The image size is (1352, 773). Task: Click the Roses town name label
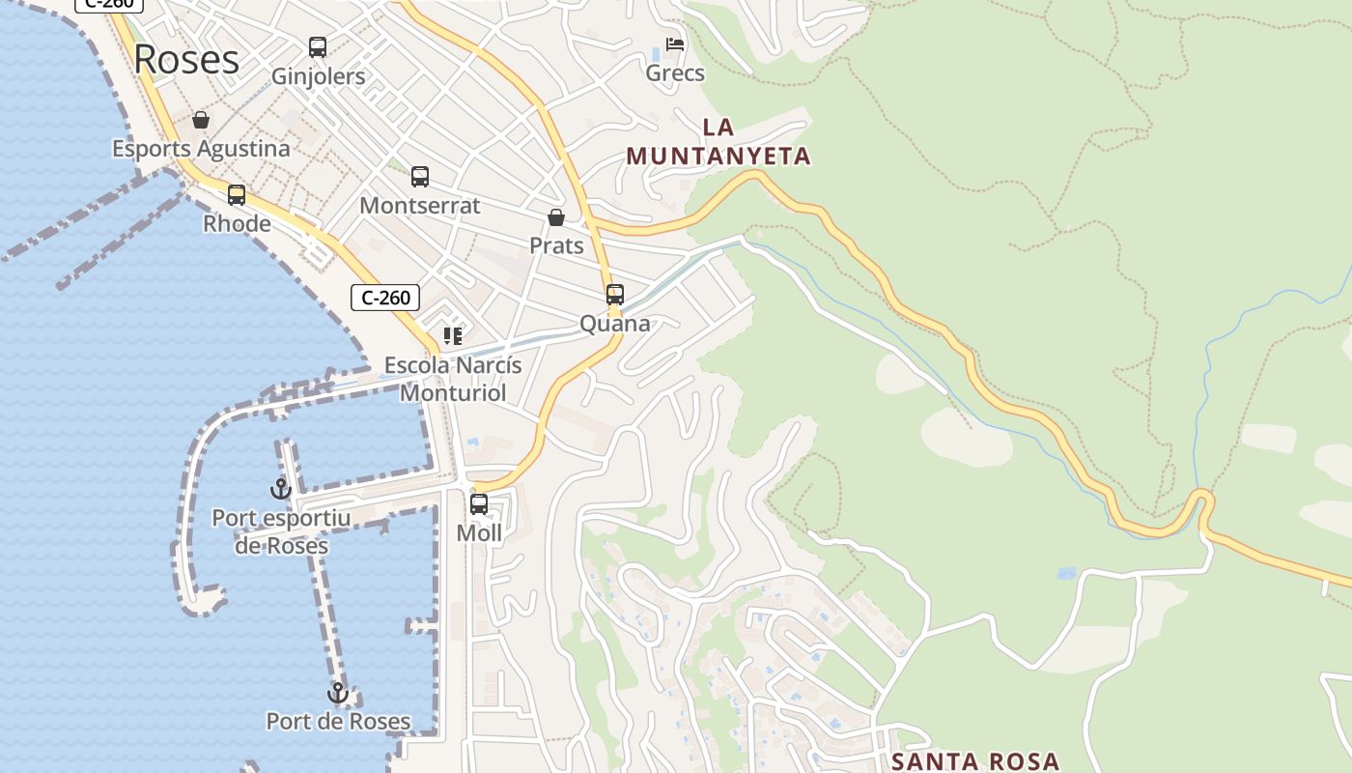[186, 59]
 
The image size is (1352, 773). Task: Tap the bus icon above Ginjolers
[318, 46]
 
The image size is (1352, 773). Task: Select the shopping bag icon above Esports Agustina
[201, 120]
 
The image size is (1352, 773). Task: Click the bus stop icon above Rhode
[237, 194]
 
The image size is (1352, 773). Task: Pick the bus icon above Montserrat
[420, 177]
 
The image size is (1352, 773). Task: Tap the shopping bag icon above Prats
[556, 217]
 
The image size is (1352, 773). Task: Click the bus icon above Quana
[615, 295]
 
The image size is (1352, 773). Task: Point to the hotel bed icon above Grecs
[675, 44]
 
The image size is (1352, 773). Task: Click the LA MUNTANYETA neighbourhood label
[718, 141]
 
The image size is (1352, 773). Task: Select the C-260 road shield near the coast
[385, 298]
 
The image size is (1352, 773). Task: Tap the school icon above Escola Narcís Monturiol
[453, 336]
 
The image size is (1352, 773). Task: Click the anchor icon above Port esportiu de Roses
[281, 489]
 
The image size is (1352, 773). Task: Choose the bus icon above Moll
[479, 503]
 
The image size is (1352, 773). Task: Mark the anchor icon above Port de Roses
[338, 693]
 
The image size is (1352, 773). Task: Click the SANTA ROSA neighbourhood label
[975, 761]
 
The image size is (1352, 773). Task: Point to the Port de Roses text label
[338, 722]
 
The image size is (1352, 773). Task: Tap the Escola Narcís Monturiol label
[453, 379]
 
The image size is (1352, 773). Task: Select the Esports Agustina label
[201, 149]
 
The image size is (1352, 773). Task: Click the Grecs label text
[675, 73]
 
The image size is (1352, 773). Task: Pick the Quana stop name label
[615, 324]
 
